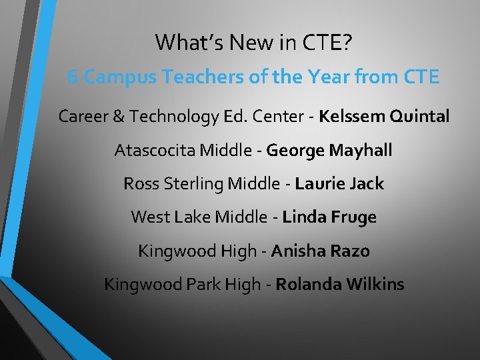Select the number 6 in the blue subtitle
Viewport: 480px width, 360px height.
tap(73, 77)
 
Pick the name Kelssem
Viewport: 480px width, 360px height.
tap(351, 117)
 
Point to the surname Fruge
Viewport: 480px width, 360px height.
tap(355, 217)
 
